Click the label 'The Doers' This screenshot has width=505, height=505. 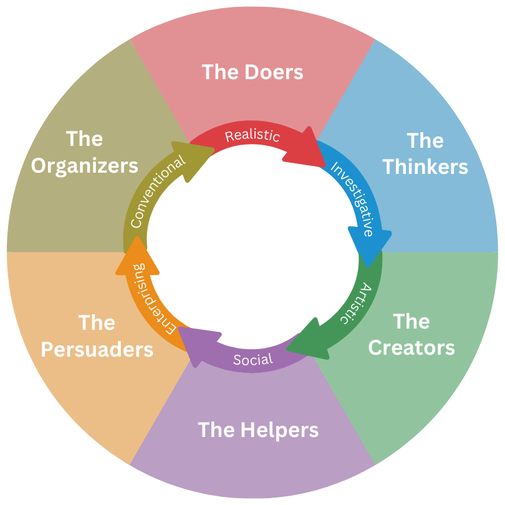coord(252,72)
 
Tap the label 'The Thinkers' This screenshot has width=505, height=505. coord(425,153)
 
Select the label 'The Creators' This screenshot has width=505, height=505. coord(411,334)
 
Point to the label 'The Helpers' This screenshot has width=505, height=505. coord(258,430)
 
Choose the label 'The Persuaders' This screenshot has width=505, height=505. coord(97,336)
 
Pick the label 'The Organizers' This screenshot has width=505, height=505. coord(85,152)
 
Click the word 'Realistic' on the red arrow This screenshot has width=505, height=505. coord(252,135)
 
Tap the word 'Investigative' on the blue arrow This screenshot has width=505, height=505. coord(353,198)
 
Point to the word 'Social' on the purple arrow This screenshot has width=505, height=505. coord(253,360)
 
